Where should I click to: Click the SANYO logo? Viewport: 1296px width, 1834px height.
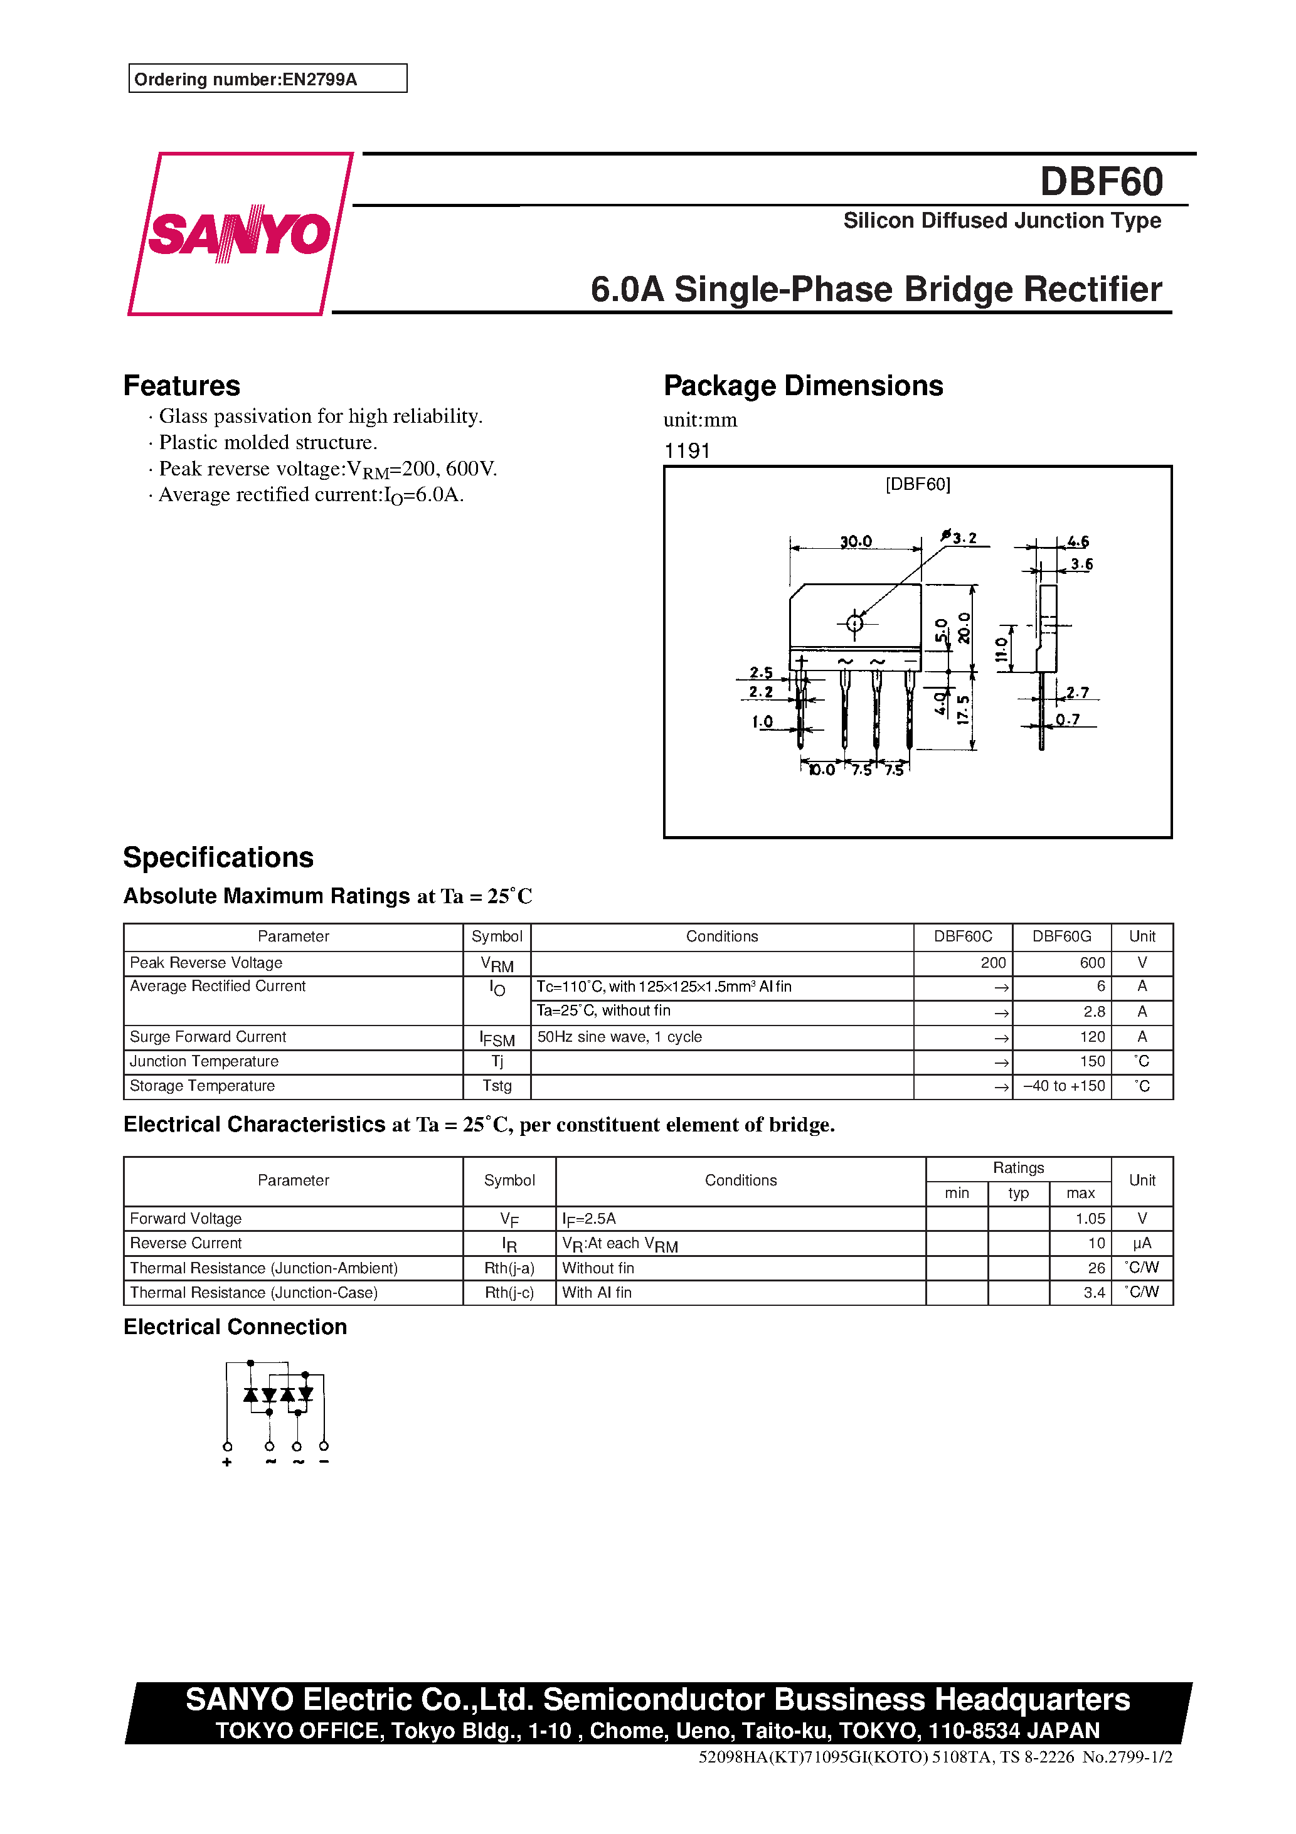[239, 234]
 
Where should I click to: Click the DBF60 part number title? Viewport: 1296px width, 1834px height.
[1100, 181]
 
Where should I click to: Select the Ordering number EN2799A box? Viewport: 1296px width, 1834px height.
[268, 79]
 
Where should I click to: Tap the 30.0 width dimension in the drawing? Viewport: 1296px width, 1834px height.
[855, 541]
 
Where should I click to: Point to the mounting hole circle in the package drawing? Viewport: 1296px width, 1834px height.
[854, 623]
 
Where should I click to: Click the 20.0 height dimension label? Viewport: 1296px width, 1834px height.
[964, 628]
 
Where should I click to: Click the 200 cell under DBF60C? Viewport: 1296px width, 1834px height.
[992, 963]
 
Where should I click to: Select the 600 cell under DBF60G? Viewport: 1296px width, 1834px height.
[1092, 963]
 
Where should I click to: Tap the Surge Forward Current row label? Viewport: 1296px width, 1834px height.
[208, 1037]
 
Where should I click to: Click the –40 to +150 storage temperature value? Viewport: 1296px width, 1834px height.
[1063, 1086]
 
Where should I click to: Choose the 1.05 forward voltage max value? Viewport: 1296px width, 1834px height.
[1090, 1218]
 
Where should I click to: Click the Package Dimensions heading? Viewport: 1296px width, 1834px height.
[803, 386]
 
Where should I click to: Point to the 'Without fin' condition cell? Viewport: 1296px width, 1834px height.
[598, 1268]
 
